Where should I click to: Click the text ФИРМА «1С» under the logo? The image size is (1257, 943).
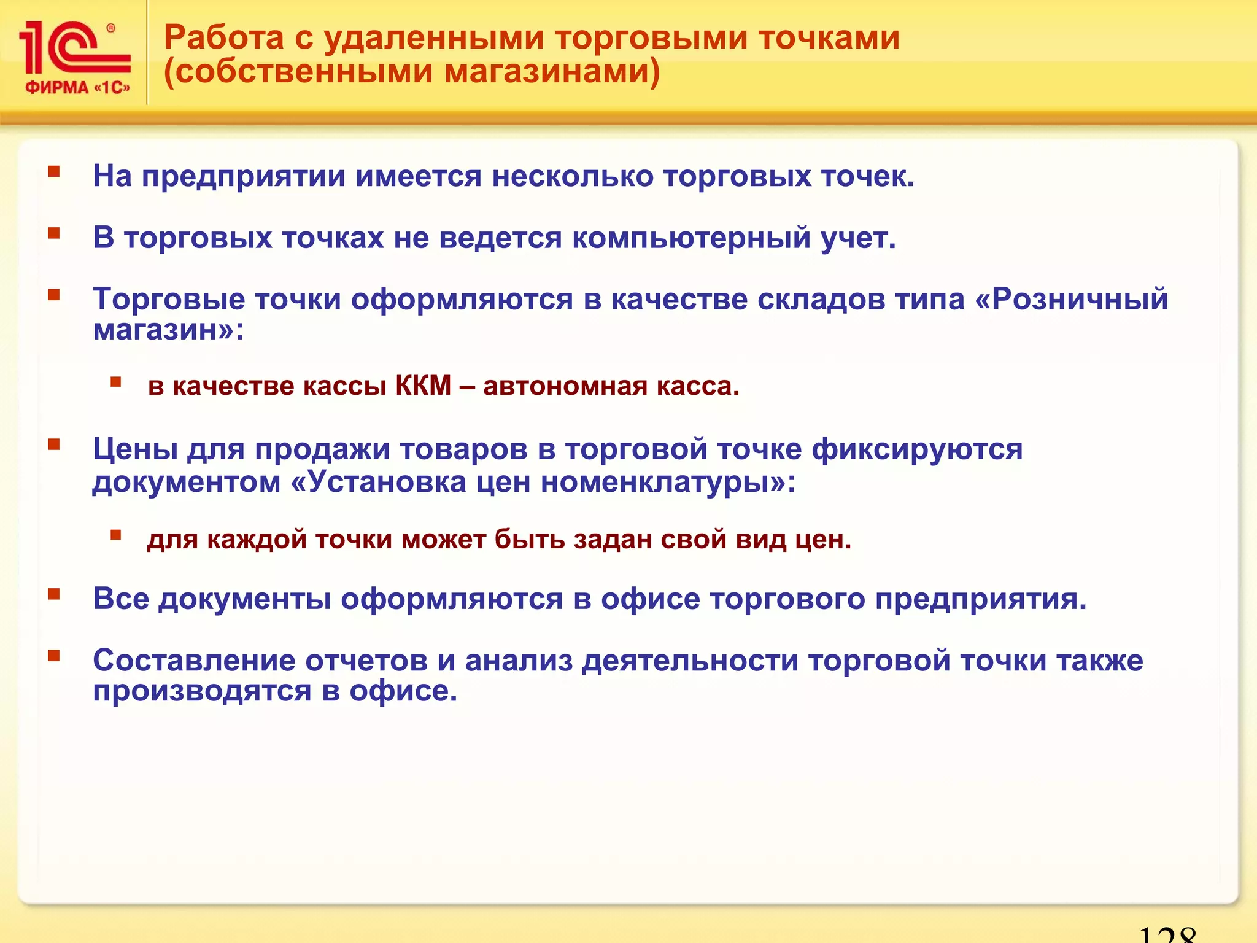point(77,88)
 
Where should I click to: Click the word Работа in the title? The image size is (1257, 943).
point(223,38)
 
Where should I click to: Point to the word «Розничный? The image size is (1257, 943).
point(1071,300)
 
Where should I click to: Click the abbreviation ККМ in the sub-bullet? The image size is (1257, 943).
point(424,386)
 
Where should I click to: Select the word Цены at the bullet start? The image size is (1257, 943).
point(135,449)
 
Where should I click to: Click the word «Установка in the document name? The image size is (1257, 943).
point(378,482)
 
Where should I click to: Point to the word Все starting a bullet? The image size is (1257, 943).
point(121,599)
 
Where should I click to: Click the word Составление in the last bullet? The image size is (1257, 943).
point(195,661)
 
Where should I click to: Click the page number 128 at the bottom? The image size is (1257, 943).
point(1167,935)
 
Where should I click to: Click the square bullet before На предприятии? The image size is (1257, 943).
point(55,171)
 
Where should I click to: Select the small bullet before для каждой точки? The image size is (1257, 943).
point(115,535)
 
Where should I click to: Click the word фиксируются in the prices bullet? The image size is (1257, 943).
point(917,449)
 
